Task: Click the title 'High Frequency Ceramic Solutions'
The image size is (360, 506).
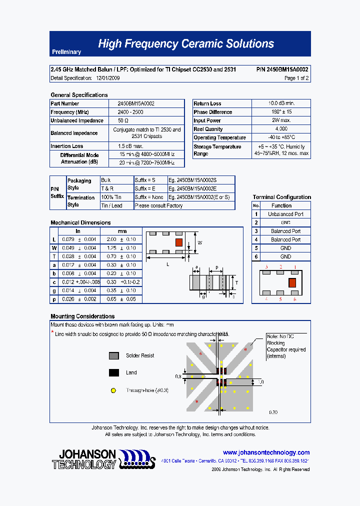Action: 185,44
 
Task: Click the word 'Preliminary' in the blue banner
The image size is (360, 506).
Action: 66,52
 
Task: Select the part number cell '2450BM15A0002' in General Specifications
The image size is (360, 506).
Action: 136,103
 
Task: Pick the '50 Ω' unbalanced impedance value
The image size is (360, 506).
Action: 123,120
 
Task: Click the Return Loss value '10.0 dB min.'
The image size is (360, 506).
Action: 281,103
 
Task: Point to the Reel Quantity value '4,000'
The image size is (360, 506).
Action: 281,129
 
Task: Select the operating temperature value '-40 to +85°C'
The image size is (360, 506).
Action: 281,137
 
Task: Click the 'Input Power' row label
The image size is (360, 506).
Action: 207,120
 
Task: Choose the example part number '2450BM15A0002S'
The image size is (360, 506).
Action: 192,180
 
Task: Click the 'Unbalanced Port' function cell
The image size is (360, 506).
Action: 285,214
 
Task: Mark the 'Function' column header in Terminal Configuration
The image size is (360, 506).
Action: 281,205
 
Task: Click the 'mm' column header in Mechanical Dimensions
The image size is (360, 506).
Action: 122,231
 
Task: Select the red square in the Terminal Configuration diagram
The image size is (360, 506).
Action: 293,282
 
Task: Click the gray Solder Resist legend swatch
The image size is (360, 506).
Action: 114,355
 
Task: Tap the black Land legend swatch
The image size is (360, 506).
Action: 114,372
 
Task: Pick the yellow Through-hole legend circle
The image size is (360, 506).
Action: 114,390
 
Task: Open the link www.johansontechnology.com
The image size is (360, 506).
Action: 266,452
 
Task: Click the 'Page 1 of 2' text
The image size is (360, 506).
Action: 296,78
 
